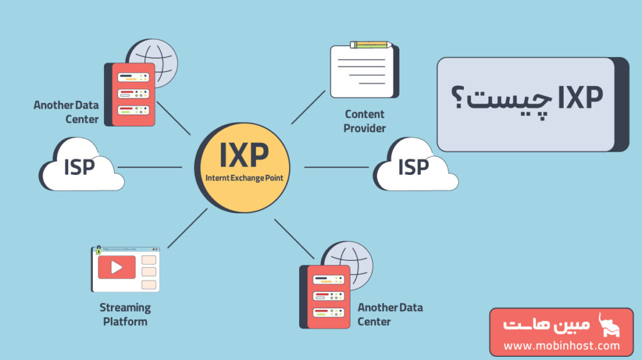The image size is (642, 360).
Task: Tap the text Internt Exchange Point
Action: coord(244,178)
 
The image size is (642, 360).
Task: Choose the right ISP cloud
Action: coord(414,167)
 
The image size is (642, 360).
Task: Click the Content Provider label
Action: coord(364,121)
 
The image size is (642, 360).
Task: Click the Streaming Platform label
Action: coord(125,314)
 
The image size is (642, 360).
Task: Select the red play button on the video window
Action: coord(117,267)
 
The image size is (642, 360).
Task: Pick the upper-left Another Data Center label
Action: coord(66,112)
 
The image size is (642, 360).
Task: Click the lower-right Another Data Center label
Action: coord(390,314)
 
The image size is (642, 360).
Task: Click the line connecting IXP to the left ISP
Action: coord(150,167)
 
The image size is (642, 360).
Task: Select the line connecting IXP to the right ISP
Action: coord(336,167)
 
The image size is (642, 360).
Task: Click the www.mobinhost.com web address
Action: coord(561,346)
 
